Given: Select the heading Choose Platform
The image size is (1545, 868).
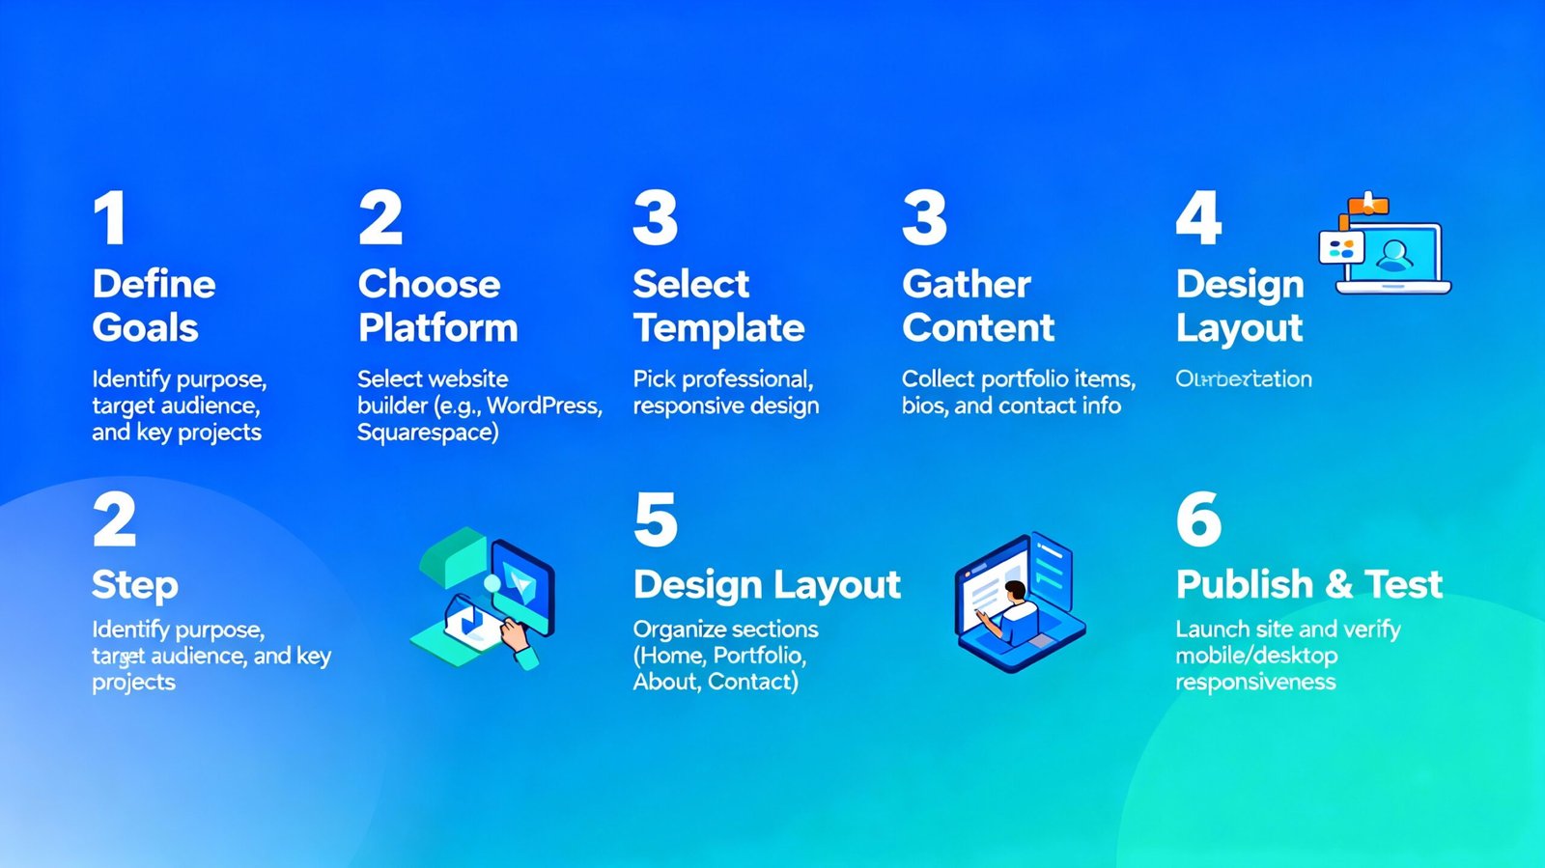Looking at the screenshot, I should point(437,306).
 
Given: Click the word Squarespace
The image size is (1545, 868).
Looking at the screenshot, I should point(426,433).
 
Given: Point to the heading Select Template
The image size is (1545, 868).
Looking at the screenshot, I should point(717,306).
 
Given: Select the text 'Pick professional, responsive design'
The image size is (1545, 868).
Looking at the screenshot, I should point(724,392).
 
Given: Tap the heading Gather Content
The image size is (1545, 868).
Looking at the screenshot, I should point(977,306).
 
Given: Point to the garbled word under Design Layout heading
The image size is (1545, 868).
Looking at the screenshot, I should point(1243,379).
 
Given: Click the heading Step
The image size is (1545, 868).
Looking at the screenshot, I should point(135,585).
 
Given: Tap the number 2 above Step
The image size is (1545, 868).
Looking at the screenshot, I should point(115,520).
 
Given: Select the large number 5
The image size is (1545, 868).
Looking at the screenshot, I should point(656,520).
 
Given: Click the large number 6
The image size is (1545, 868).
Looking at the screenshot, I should point(1198,520).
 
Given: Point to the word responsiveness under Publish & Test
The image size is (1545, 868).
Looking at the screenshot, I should point(1254,683).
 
